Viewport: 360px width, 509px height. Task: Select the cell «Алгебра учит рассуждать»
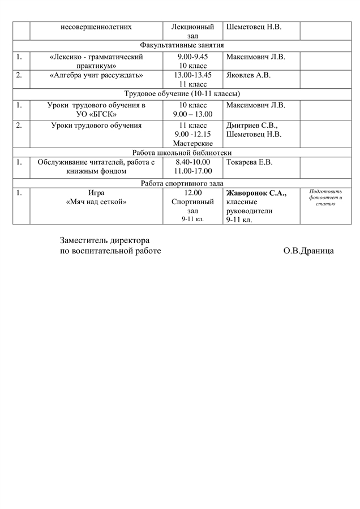pos(96,75)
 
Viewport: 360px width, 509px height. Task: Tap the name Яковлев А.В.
pos(248,75)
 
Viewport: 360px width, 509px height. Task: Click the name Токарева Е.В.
pos(249,162)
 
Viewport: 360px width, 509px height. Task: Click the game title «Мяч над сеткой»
pos(96,202)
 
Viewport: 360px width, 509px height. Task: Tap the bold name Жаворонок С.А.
pos(256,193)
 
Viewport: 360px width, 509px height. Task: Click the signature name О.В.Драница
pos(308,250)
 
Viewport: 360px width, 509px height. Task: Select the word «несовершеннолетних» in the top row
pos(96,27)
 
